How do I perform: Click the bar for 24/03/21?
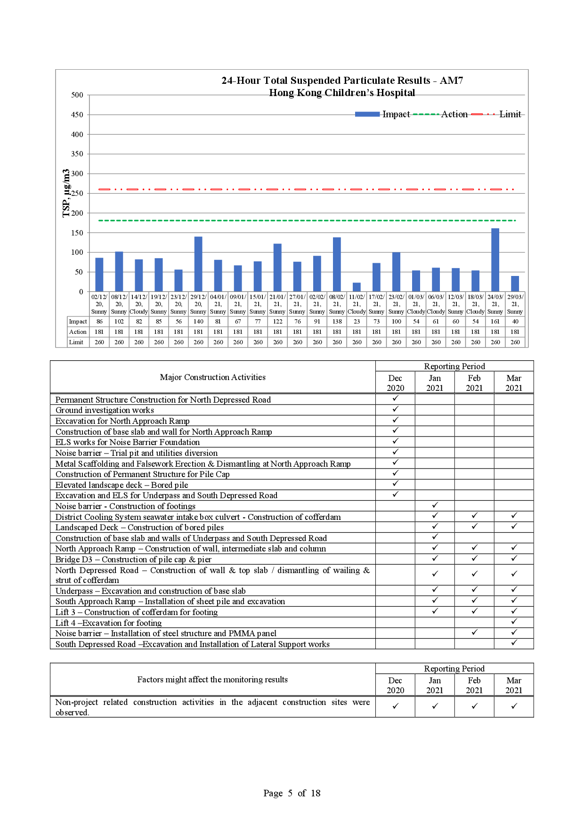495,260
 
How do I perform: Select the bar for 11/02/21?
357,287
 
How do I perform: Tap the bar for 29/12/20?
198,264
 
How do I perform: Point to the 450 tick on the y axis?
77,114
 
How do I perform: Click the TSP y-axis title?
66,193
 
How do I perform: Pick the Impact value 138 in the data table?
337,322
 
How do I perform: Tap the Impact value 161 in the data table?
495,322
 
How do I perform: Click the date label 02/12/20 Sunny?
99,304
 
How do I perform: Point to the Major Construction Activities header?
212,377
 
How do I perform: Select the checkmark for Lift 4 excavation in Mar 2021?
514,622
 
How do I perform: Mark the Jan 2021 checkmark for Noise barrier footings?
435,505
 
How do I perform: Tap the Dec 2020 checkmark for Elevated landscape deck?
395,484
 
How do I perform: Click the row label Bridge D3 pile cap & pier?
133,559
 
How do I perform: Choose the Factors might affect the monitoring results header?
212,680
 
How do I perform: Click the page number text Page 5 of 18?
292,793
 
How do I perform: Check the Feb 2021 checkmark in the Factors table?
474,706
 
